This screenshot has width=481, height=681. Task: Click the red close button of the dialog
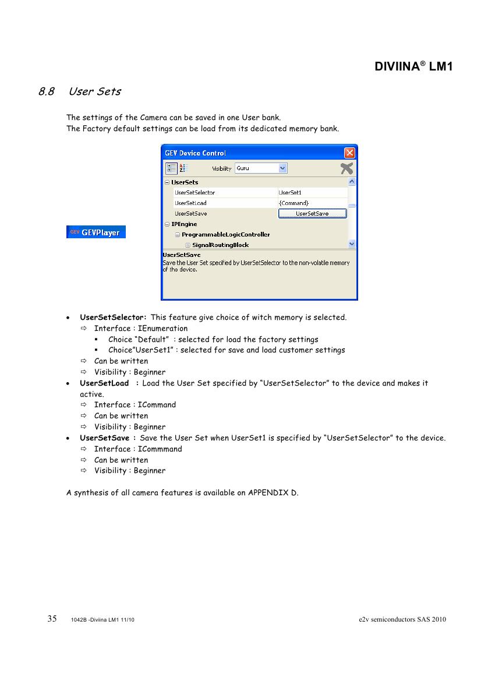tap(349, 153)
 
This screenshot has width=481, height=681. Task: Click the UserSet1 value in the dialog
tap(290, 193)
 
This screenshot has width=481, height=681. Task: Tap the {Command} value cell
tap(294, 203)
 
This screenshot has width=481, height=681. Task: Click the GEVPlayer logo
tap(96, 232)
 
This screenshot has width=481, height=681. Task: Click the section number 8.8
tap(47, 91)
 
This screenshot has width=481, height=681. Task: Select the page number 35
tap(52, 619)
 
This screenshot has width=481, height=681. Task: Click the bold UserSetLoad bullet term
tap(104, 383)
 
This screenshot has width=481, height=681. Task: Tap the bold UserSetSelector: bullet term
tap(113, 317)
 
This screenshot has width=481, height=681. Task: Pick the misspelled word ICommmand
tap(160, 449)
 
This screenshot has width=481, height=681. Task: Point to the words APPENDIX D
tap(273, 493)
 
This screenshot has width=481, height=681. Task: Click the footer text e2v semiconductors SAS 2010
tap(402, 619)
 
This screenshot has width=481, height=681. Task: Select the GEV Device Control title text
tap(196, 153)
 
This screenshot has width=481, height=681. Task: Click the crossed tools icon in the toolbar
tap(346, 168)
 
